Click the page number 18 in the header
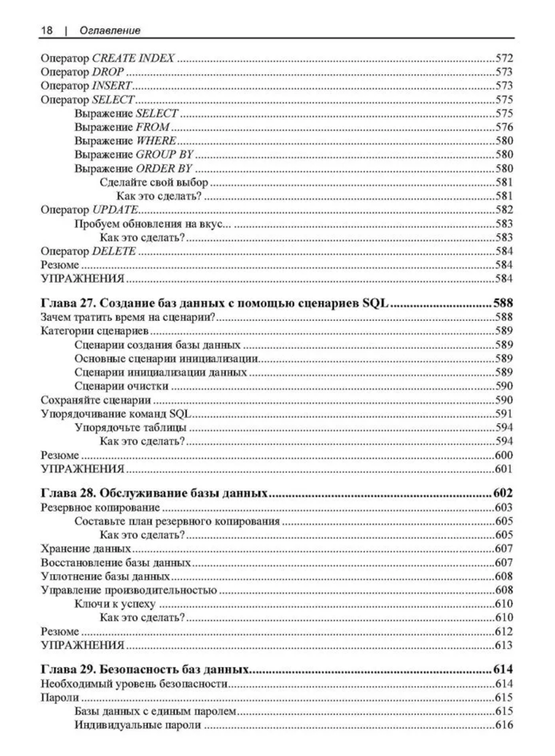pyautogui.click(x=47, y=31)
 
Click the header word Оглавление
pyautogui.click(x=110, y=31)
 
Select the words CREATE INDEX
pyautogui.click(x=133, y=58)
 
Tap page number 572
pyautogui.click(x=504, y=58)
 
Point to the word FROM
pyautogui.click(x=153, y=127)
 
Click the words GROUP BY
pyautogui.click(x=165, y=155)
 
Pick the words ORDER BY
pyautogui.click(x=164, y=168)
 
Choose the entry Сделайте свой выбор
pyautogui.click(x=154, y=183)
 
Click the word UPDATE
pyautogui.click(x=115, y=210)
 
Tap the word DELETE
pyautogui.click(x=114, y=251)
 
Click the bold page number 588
pyautogui.click(x=503, y=304)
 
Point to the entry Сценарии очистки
pyautogui.click(x=121, y=386)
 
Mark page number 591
pyautogui.click(x=504, y=414)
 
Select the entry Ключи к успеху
pyautogui.click(x=115, y=604)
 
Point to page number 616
pyautogui.click(x=504, y=725)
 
